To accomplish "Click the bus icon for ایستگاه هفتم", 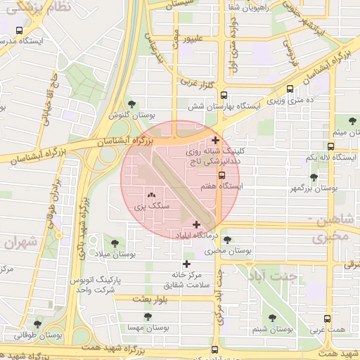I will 221,175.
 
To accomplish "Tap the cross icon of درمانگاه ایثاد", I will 195,224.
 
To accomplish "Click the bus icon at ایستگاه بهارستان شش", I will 224,95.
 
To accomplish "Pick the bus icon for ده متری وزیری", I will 290,89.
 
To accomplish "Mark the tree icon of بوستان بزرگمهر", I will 314,178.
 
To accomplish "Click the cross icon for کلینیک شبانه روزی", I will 215,141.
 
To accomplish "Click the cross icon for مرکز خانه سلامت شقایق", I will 186,263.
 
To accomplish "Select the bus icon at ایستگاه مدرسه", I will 19,31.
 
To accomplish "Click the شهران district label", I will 20,241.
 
